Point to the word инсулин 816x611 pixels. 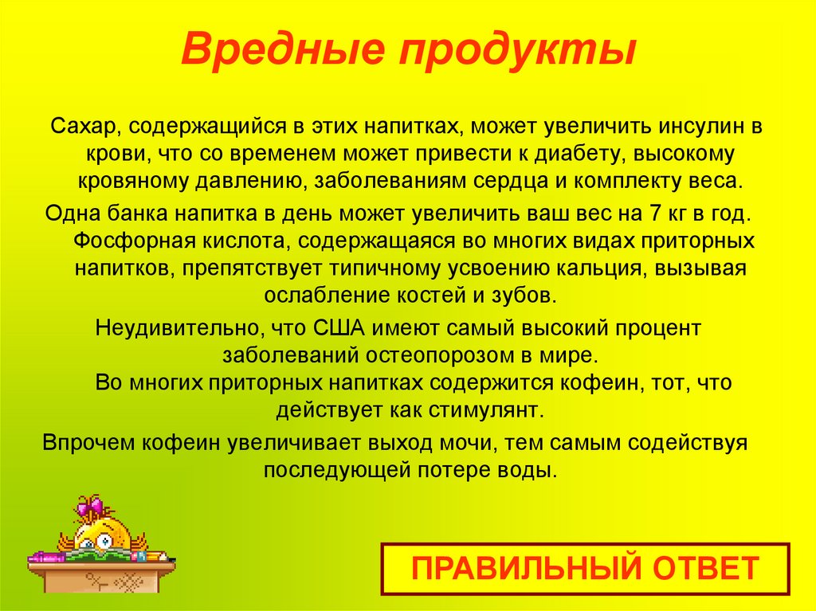tap(703, 127)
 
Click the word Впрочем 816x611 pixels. tap(85, 442)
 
